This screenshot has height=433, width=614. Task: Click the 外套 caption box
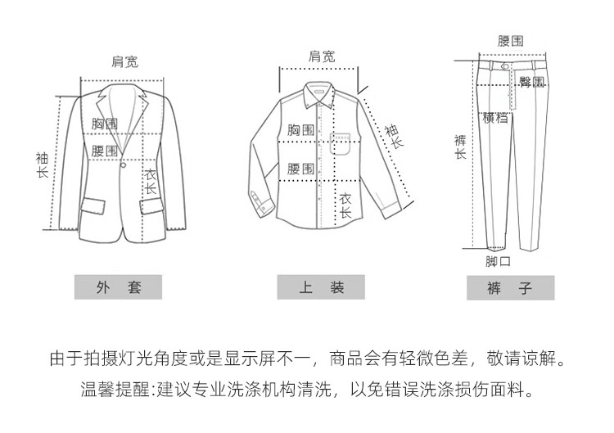(119, 287)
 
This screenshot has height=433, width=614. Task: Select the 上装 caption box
(321, 287)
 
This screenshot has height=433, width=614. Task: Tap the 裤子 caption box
(510, 287)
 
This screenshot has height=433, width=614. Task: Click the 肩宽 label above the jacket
(124, 61)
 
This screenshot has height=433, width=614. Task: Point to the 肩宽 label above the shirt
(321, 56)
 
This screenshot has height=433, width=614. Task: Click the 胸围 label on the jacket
(105, 124)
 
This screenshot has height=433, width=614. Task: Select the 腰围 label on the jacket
(105, 151)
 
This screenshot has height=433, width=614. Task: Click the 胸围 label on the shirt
(300, 130)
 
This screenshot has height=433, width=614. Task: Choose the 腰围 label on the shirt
(300, 169)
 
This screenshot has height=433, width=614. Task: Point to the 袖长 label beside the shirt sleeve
(393, 135)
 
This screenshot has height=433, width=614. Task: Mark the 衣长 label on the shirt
(345, 205)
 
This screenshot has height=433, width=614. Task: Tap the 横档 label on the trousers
(495, 118)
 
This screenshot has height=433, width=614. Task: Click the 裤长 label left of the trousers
(460, 147)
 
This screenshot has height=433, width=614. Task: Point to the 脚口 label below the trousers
(498, 262)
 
